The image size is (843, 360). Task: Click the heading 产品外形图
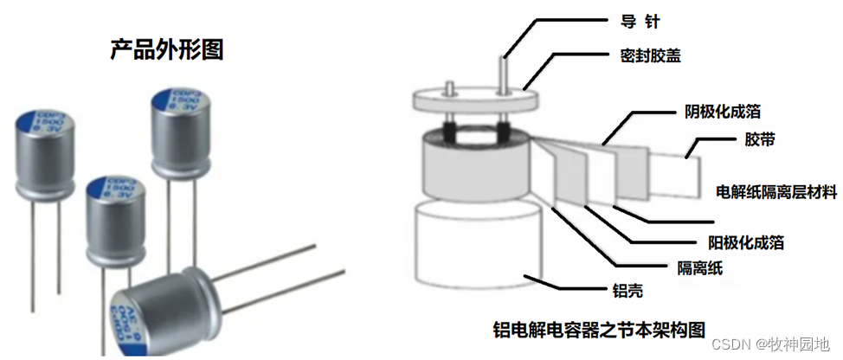(167, 49)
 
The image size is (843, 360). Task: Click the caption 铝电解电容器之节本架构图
(597, 330)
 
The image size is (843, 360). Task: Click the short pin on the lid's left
(451, 87)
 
